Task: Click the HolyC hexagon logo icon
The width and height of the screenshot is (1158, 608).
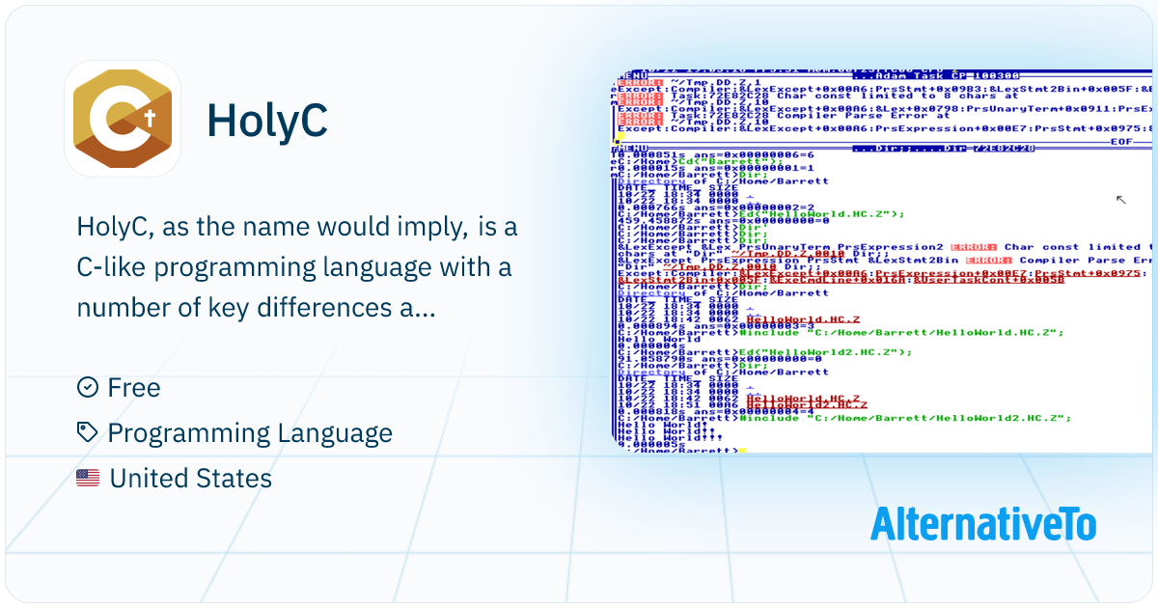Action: tap(123, 119)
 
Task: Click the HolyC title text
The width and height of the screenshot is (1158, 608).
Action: tap(267, 120)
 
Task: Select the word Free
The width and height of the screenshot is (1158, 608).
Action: tap(134, 387)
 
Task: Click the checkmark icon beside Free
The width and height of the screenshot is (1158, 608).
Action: tap(87, 387)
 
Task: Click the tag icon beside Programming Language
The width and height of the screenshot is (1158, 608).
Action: tap(87, 433)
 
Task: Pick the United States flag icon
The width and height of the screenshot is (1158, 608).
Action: tap(88, 479)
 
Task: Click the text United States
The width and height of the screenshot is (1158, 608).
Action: tap(190, 479)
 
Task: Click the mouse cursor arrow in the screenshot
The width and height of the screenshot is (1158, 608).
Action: tap(1120, 200)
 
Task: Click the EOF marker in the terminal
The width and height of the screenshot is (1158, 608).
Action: tap(1123, 141)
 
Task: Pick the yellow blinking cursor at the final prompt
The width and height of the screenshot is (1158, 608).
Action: tap(742, 450)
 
